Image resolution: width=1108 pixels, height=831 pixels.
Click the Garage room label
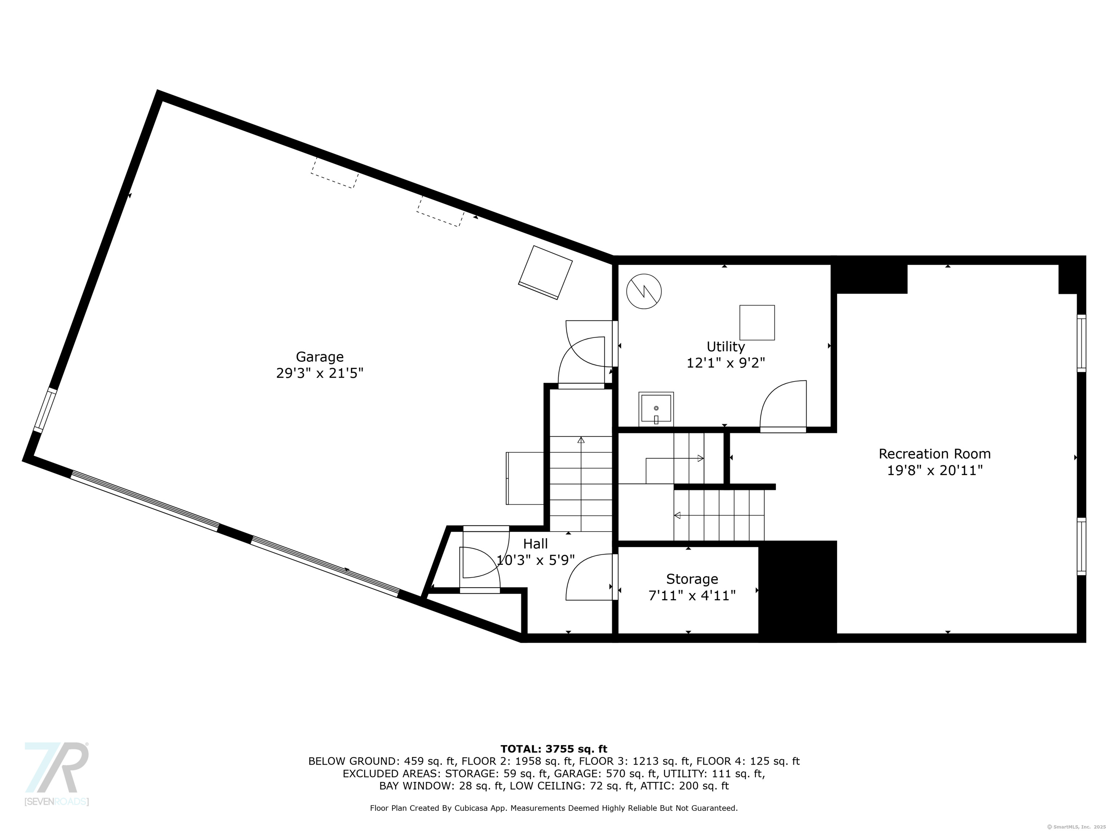(x=320, y=357)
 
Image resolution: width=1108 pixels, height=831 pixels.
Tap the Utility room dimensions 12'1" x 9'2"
(x=725, y=362)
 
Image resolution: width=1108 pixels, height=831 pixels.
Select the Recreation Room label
(x=935, y=454)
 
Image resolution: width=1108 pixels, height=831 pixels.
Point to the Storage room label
(x=692, y=579)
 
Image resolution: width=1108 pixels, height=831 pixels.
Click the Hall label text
(x=536, y=544)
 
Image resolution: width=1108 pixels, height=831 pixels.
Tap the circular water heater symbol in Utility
(x=644, y=291)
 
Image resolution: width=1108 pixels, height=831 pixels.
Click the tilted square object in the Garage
(x=545, y=273)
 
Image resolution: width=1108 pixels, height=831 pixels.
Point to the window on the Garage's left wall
(x=45, y=410)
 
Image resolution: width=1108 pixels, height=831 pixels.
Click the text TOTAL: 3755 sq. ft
(x=554, y=749)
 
